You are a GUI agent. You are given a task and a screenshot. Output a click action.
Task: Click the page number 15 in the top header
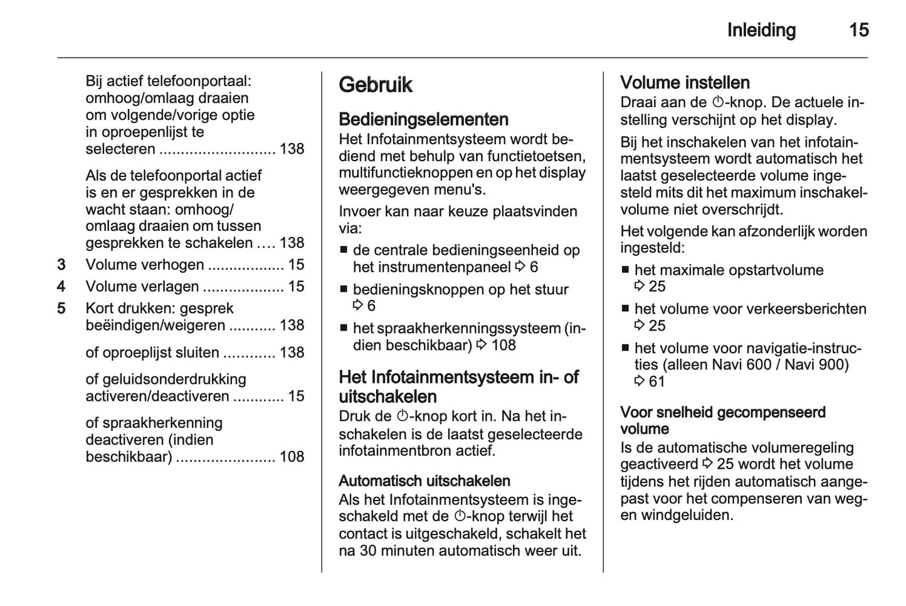(858, 30)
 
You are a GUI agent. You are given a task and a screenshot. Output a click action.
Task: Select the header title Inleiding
(761, 30)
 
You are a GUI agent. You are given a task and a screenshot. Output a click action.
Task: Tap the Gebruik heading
(376, 85)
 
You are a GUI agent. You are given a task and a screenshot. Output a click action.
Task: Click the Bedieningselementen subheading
(423, 119)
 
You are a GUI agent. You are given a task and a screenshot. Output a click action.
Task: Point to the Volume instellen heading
(685, 83)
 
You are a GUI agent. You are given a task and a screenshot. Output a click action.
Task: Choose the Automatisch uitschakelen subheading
(424, 481)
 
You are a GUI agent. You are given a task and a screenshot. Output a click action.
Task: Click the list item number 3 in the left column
(61, 265)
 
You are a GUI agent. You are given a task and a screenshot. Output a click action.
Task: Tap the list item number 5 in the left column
(61, 309)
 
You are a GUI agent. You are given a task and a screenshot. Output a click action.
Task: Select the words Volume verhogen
(145, 265)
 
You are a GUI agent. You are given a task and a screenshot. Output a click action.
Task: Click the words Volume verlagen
(142, 287)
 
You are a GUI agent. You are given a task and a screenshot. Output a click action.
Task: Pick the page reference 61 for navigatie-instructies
(656, 381)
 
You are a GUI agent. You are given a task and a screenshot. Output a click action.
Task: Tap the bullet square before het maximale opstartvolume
(625, 270)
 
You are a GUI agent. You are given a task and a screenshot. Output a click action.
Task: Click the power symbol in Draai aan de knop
(718, 103)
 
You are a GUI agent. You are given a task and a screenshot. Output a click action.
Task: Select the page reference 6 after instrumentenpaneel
(534, 267)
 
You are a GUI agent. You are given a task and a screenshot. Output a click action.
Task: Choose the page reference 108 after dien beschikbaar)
(503, 345)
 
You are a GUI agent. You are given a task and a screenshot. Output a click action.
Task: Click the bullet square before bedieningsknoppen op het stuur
(344, 290)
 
